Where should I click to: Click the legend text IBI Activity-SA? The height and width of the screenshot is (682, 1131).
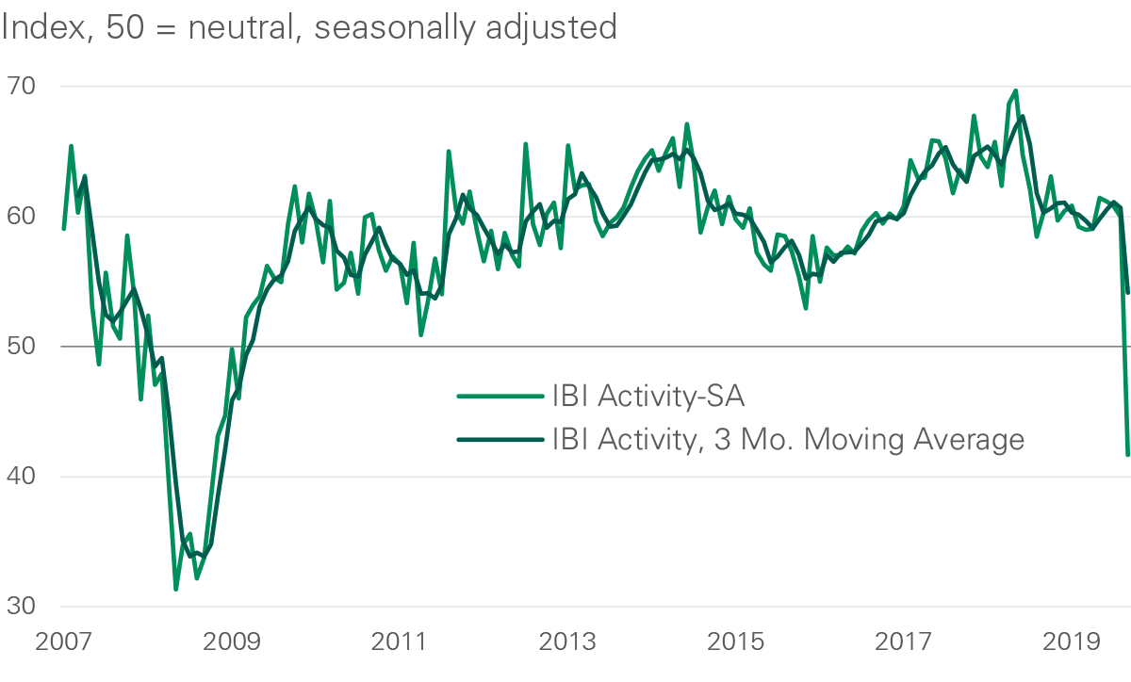tap(648, 397)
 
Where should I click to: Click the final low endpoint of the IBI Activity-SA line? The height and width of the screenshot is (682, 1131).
tap(1127, 455)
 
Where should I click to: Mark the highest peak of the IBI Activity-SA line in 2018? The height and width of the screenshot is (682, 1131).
tap(1015, 90)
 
